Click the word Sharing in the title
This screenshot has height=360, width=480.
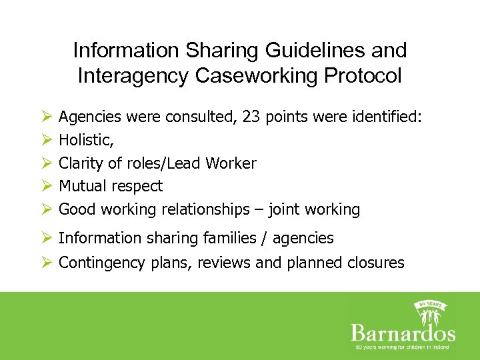tap(214, 51)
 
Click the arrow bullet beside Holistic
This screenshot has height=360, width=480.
tap(47, 141)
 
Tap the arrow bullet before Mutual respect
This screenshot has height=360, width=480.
tap(47, 186)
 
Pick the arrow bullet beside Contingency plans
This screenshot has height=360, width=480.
tap(47, 263)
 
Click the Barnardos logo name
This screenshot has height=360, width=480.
tap(403, 332)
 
